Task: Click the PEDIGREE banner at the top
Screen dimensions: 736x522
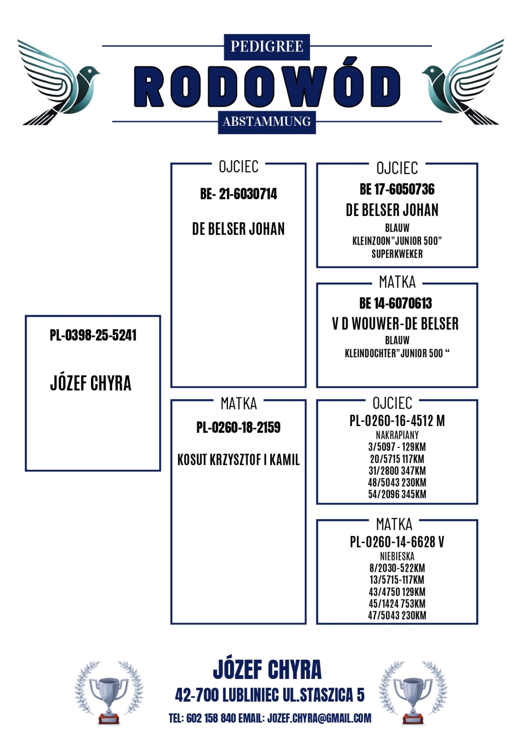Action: [267, 46]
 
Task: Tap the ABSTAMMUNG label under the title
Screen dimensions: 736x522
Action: [267, 121]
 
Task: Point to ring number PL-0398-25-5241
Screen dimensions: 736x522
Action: [93, 335]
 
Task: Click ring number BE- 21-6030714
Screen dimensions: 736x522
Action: [238, 194]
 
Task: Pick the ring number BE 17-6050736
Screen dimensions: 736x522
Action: [397, 189]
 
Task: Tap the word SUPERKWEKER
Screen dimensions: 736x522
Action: [397, 254]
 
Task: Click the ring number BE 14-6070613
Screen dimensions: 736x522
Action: [395, 303]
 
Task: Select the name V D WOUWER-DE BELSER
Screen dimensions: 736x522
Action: [395, 324]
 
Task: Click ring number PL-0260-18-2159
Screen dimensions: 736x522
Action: [238, 427]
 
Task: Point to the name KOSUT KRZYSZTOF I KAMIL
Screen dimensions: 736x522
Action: [238, 460]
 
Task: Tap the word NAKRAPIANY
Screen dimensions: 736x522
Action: [397, 435]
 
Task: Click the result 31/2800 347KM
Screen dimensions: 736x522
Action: [397, 471]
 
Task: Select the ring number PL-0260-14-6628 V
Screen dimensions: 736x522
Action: [397, 542]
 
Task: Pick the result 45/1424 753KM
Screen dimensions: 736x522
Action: [397, 604]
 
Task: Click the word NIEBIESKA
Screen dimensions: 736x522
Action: [397, 556]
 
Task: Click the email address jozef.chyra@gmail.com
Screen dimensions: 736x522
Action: [319, 718]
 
